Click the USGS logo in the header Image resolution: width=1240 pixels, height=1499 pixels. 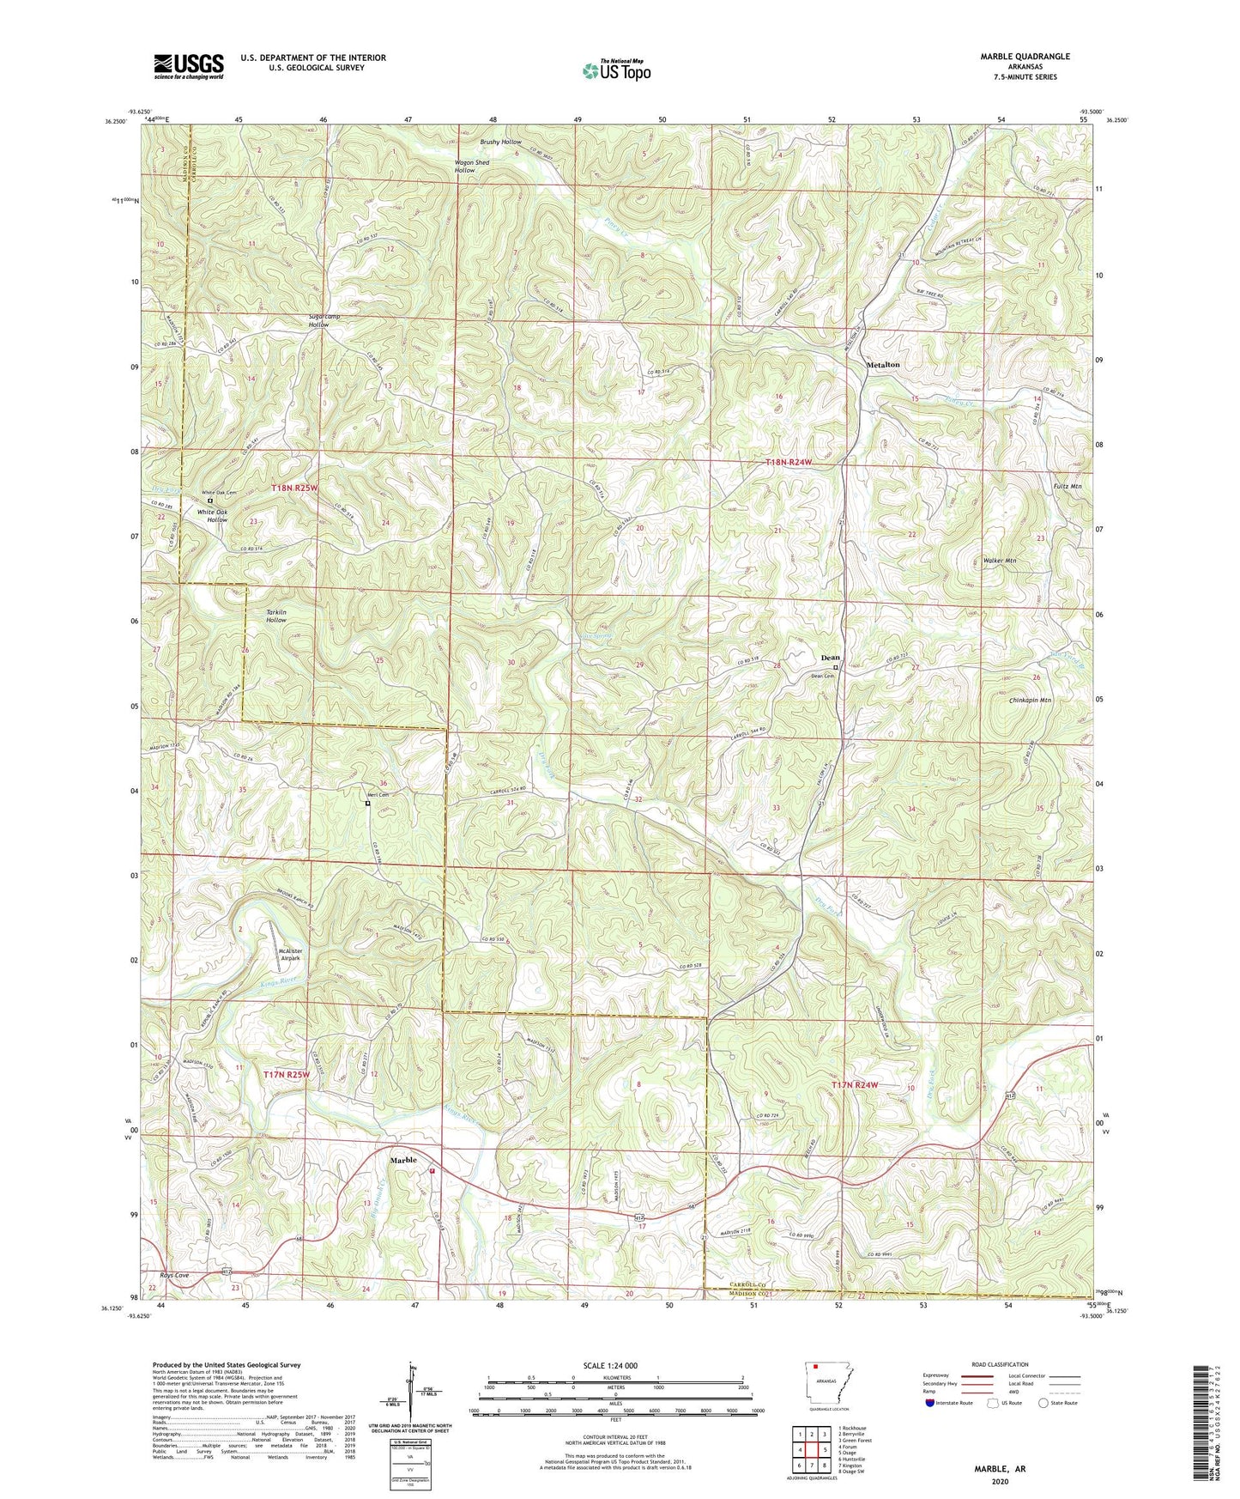tap(189, 66)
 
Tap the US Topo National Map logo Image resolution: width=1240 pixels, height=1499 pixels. tap(615, 70)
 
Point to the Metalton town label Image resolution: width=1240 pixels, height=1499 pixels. tap(883, 365)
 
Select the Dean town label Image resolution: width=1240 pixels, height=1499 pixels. tap(830, 658)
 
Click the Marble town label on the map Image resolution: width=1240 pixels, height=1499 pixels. tap(403, 1160)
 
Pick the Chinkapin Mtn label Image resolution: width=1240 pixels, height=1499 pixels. tap(1030, 701)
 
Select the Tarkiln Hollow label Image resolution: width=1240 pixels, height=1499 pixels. tap(276, 616)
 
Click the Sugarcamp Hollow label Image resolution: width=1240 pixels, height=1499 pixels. tap(319, 320)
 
